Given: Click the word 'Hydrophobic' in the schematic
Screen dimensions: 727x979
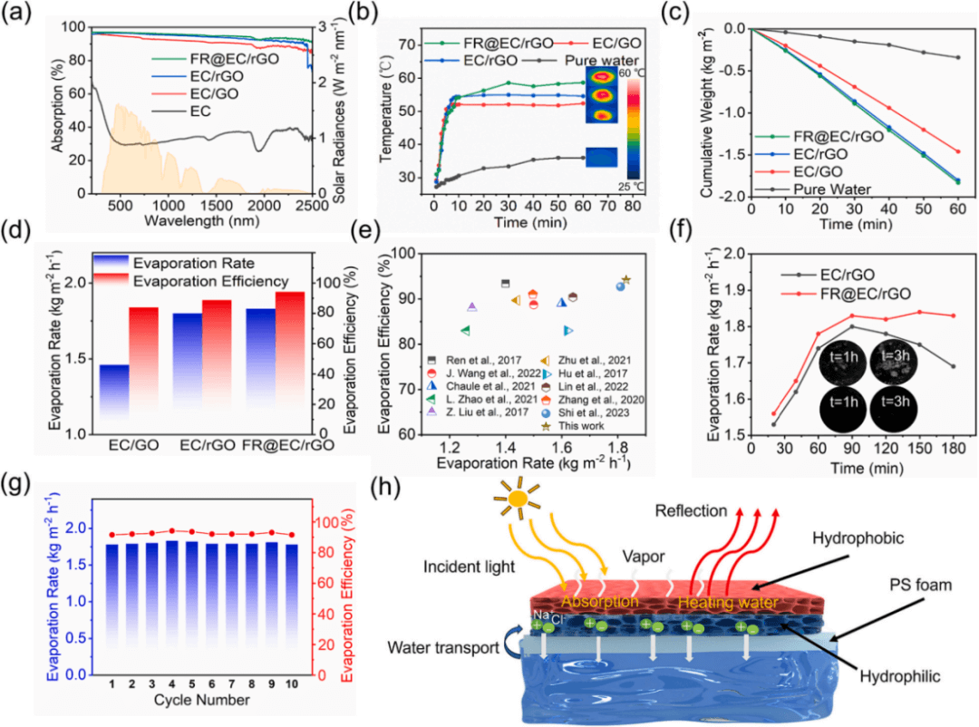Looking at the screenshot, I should (861, 537).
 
